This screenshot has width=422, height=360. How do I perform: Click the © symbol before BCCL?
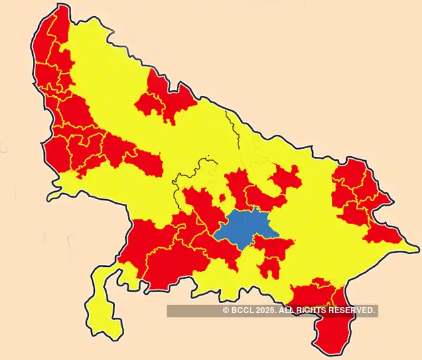click(226, 310)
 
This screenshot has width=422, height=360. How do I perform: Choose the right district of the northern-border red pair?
click(178, 101)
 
